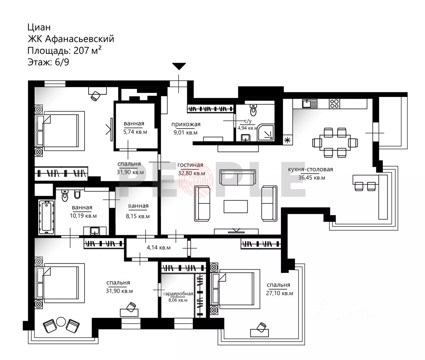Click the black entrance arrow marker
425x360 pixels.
179,66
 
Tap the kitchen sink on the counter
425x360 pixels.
310,104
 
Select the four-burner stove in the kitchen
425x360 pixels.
334,104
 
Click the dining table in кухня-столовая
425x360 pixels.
335,143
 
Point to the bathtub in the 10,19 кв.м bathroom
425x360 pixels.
46,218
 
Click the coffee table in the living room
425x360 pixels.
236,206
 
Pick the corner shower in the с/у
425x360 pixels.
266,132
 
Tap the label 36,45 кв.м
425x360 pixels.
312,178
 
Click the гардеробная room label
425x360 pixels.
178,294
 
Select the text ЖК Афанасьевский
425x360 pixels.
71,39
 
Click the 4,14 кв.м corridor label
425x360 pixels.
158,247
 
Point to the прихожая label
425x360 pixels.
186,124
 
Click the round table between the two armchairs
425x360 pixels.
61,322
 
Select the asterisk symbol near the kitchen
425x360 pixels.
287,140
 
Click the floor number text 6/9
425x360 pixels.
62,62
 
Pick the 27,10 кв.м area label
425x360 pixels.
280,293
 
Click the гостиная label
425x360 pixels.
190,165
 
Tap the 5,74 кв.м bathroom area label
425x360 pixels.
135,132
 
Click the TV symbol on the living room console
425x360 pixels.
236,230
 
